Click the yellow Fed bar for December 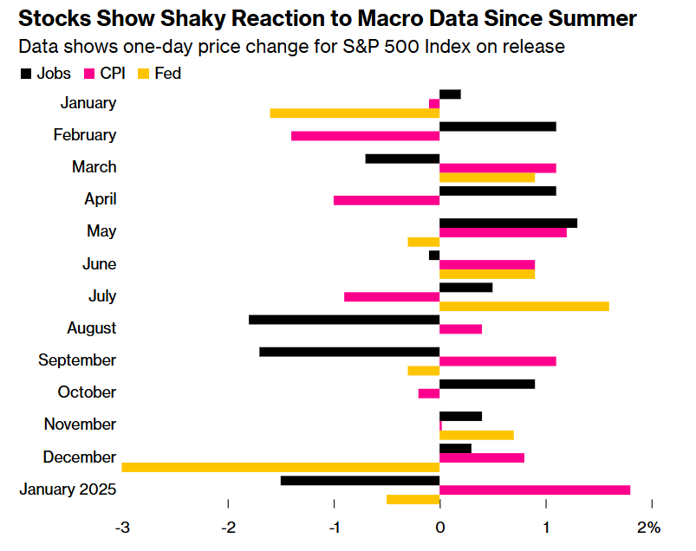pyautogui.click(x=280, y=467)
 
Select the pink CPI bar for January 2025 pyautogui.click(x=535, y=489)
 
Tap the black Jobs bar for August pyautogui.click(x=344, y=319)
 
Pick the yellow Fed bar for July pyautogui.click(x=524, y=306)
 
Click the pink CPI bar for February pyautogui.click(x=365, y=136)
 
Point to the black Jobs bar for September pyautogui.click(x=349, y=352)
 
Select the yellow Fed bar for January pyautogui.click(x=355, y=113)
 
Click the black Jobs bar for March pyautogui.click(x=402, y=159)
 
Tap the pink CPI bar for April pyautogui.click(x=387, y=200)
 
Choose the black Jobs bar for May pyautogui.click(x=508, y=223)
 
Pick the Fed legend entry pyautogui.click(x=159, y=74)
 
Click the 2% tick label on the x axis pyautogui.click(x=649, y=528)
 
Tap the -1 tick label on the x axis pyautogui.click(x=334, y=528)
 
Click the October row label pyautogui.click(x=87, y=392)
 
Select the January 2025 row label pyautogui.click(x=68, y=489)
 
